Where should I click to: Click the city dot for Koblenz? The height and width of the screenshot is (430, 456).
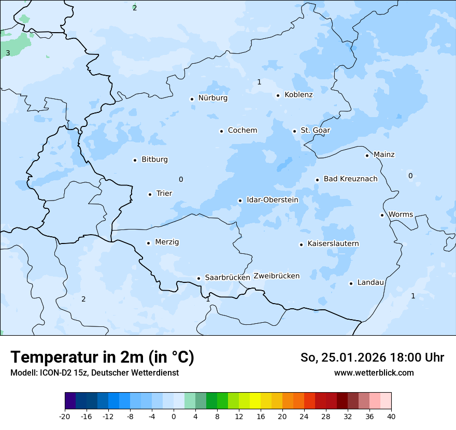(278, 95)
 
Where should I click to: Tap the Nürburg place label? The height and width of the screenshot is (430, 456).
(212, 98)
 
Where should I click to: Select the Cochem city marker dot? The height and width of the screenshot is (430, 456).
(221, 131)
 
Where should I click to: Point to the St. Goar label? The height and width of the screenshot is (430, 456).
(315, 131)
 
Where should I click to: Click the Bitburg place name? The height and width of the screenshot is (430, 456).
(154, 160)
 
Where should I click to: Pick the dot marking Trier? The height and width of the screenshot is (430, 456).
(150, 194)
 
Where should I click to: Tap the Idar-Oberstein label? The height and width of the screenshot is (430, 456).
(272, 200)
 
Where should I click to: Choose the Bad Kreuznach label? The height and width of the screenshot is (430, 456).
(350, 179)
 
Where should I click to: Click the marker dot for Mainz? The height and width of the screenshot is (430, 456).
(367, 155)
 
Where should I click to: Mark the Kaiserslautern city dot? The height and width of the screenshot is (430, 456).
(301, 245)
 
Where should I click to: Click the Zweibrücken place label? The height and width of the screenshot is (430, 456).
(276, 276)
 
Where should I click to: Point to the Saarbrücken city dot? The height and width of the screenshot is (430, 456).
(198, 278)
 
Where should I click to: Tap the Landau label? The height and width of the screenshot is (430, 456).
(370, 283)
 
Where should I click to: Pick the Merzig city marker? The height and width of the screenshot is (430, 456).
(148, 243)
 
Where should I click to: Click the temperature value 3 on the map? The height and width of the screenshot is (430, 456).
(8, 53)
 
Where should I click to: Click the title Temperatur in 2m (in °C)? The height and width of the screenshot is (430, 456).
(102, 357)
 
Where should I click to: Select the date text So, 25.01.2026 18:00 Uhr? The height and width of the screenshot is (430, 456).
(372, 357)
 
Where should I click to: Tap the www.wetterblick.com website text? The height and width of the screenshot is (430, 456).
(374, 373)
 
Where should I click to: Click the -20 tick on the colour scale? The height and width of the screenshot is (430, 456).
(65, 416)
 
